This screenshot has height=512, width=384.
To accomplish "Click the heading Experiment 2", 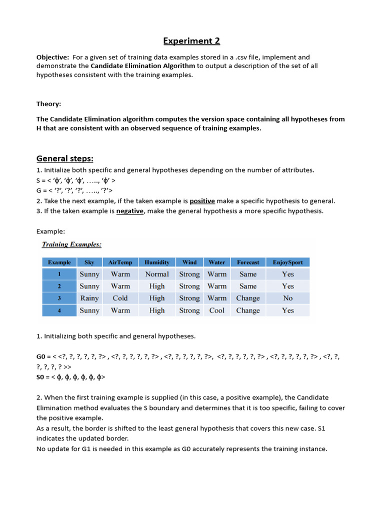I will [x=192, y=41].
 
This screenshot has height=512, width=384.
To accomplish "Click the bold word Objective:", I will [x=52, y=57].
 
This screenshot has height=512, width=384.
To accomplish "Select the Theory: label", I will [x=48, y=104].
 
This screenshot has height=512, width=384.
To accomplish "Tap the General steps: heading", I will [x=65, y=158].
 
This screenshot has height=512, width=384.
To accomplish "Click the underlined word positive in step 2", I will [x=202, y=201].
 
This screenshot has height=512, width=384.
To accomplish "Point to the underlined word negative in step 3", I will [x=130, y=211].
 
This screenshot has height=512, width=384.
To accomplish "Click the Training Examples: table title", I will [x=71, y=244].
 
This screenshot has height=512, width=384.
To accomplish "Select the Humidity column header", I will [x=157, y=262].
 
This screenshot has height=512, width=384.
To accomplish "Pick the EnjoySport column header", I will [x=287, y=262].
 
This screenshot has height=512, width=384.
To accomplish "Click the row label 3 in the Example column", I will [x=59, y=298].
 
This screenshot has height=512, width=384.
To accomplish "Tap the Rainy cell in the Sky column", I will [x=89, y=298].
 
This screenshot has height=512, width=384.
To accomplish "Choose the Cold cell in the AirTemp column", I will [x=120, y=298].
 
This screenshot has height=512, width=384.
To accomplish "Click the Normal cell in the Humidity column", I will [x=157, y=274].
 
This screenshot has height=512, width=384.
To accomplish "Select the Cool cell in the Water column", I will [x=217, y=310].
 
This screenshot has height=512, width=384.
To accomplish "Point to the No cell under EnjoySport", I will [x=287, y=298].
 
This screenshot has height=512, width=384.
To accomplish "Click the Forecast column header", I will [x=248, y=262].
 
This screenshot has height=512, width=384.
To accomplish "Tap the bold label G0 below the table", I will [x=41, y=356].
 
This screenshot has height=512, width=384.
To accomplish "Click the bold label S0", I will [x=41, y=377].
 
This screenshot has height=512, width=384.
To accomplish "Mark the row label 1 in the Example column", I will [x=59, y=274].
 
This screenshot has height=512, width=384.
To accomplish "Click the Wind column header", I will [x=189, y=262].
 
